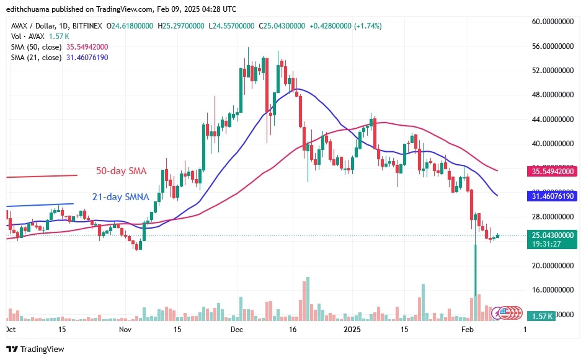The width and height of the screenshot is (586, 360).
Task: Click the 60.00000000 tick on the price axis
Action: (x=551, y=22)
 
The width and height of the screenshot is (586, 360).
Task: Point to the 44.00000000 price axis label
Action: (x=551, y=119)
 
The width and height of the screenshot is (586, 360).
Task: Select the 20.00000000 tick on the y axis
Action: (x=551, y=265)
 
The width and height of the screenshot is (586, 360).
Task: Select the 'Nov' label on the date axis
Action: (x=126, y=330)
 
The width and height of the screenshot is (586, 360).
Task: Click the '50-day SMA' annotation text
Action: (x=121, y=170)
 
